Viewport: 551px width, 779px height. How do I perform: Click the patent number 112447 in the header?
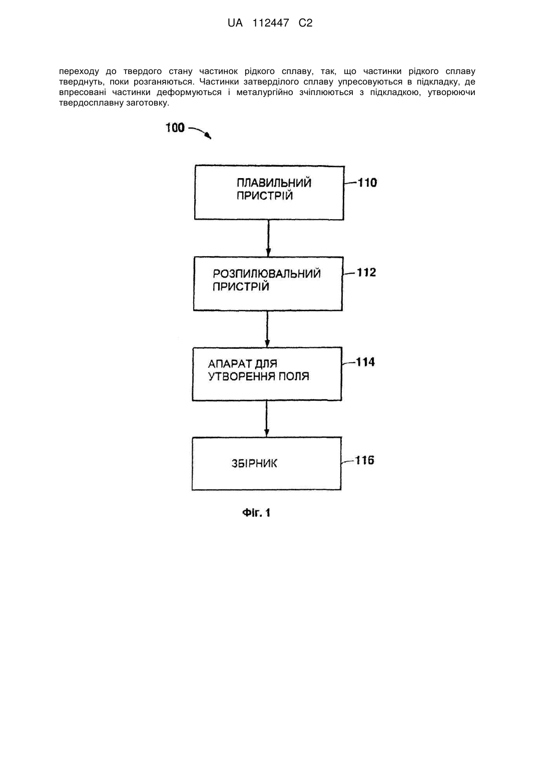pos(271,23)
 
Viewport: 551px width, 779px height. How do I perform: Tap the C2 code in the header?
pos(305,23)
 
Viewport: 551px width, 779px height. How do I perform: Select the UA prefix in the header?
pos(235,23)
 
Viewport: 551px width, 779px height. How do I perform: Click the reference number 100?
pos(175,128)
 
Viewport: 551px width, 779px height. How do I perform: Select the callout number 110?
pos(367,183)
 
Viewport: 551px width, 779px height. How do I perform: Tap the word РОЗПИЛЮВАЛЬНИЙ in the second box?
pos(266,274)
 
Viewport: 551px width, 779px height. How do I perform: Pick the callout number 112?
pos(367,272)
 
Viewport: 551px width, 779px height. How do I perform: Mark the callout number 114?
pos(365,362)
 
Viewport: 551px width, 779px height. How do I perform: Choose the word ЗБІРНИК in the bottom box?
pos(254,464)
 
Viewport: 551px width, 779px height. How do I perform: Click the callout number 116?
pos(364,460)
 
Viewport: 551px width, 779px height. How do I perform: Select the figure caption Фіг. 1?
pos(256,513)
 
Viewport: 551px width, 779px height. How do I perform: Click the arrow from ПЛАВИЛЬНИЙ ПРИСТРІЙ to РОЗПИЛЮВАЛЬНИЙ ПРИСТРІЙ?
pos(268,238)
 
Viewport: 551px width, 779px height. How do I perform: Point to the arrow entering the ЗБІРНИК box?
pos(267,419)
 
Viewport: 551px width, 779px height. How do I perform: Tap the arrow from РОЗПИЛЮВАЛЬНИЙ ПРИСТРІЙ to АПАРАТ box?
pos(267,329)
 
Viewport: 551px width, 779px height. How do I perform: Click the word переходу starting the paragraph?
pos(79,72)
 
